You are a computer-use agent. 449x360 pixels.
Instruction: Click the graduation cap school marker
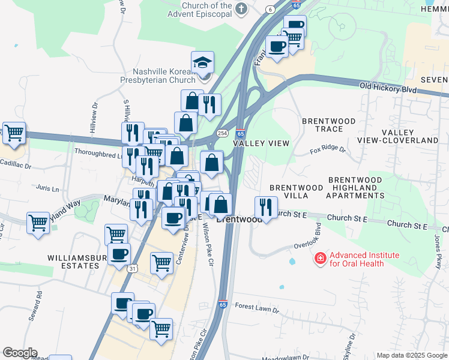coord(203,62)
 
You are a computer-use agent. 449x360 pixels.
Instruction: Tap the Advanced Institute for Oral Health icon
coord(321,259)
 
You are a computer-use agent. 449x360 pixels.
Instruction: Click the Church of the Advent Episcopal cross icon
coord(241,8)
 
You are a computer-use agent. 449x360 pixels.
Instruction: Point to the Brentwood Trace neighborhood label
coord(329,125)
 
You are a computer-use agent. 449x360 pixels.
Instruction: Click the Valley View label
coord(261,143)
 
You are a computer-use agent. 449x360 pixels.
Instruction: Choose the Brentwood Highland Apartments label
coord(355,188)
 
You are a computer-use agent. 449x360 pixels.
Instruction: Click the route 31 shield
coord(131,269)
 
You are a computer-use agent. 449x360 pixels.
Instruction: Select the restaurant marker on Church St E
coord(265,207)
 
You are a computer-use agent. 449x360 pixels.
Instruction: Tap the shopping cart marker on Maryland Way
coord(38,222)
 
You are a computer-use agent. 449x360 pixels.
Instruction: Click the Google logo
coord(20,353)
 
